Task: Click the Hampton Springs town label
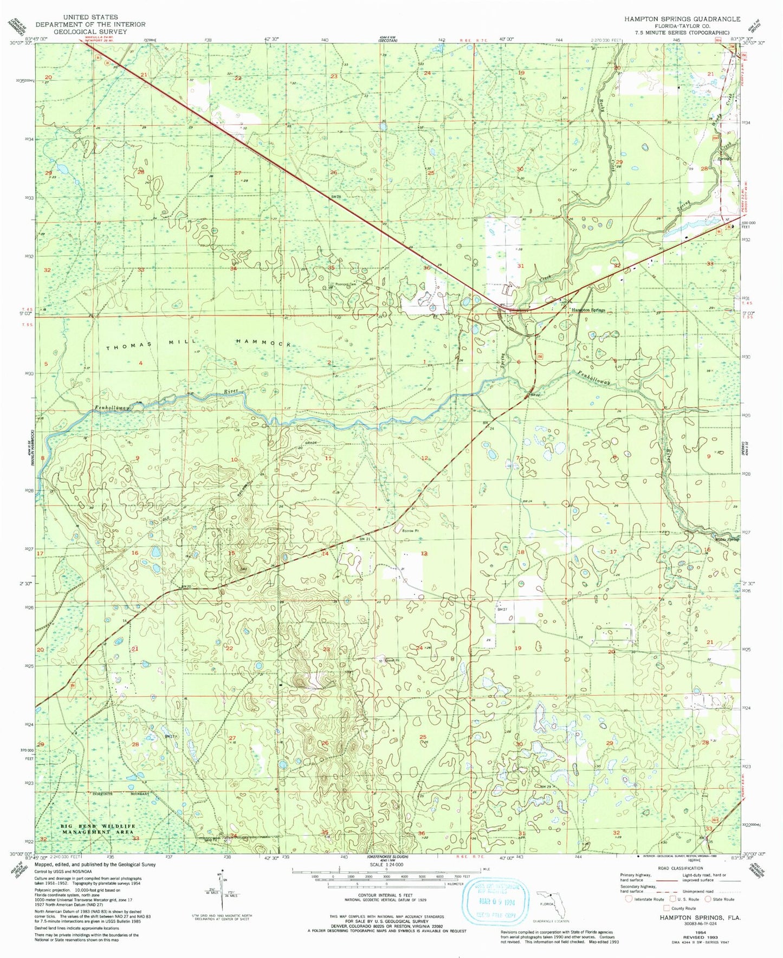[x=588, y=310]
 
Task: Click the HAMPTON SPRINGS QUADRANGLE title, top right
[x=682, y=19]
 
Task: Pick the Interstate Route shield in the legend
[x=629, y=915]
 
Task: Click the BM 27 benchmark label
[x=502, y=610]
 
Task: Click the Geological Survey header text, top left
[x=90, y=31]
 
